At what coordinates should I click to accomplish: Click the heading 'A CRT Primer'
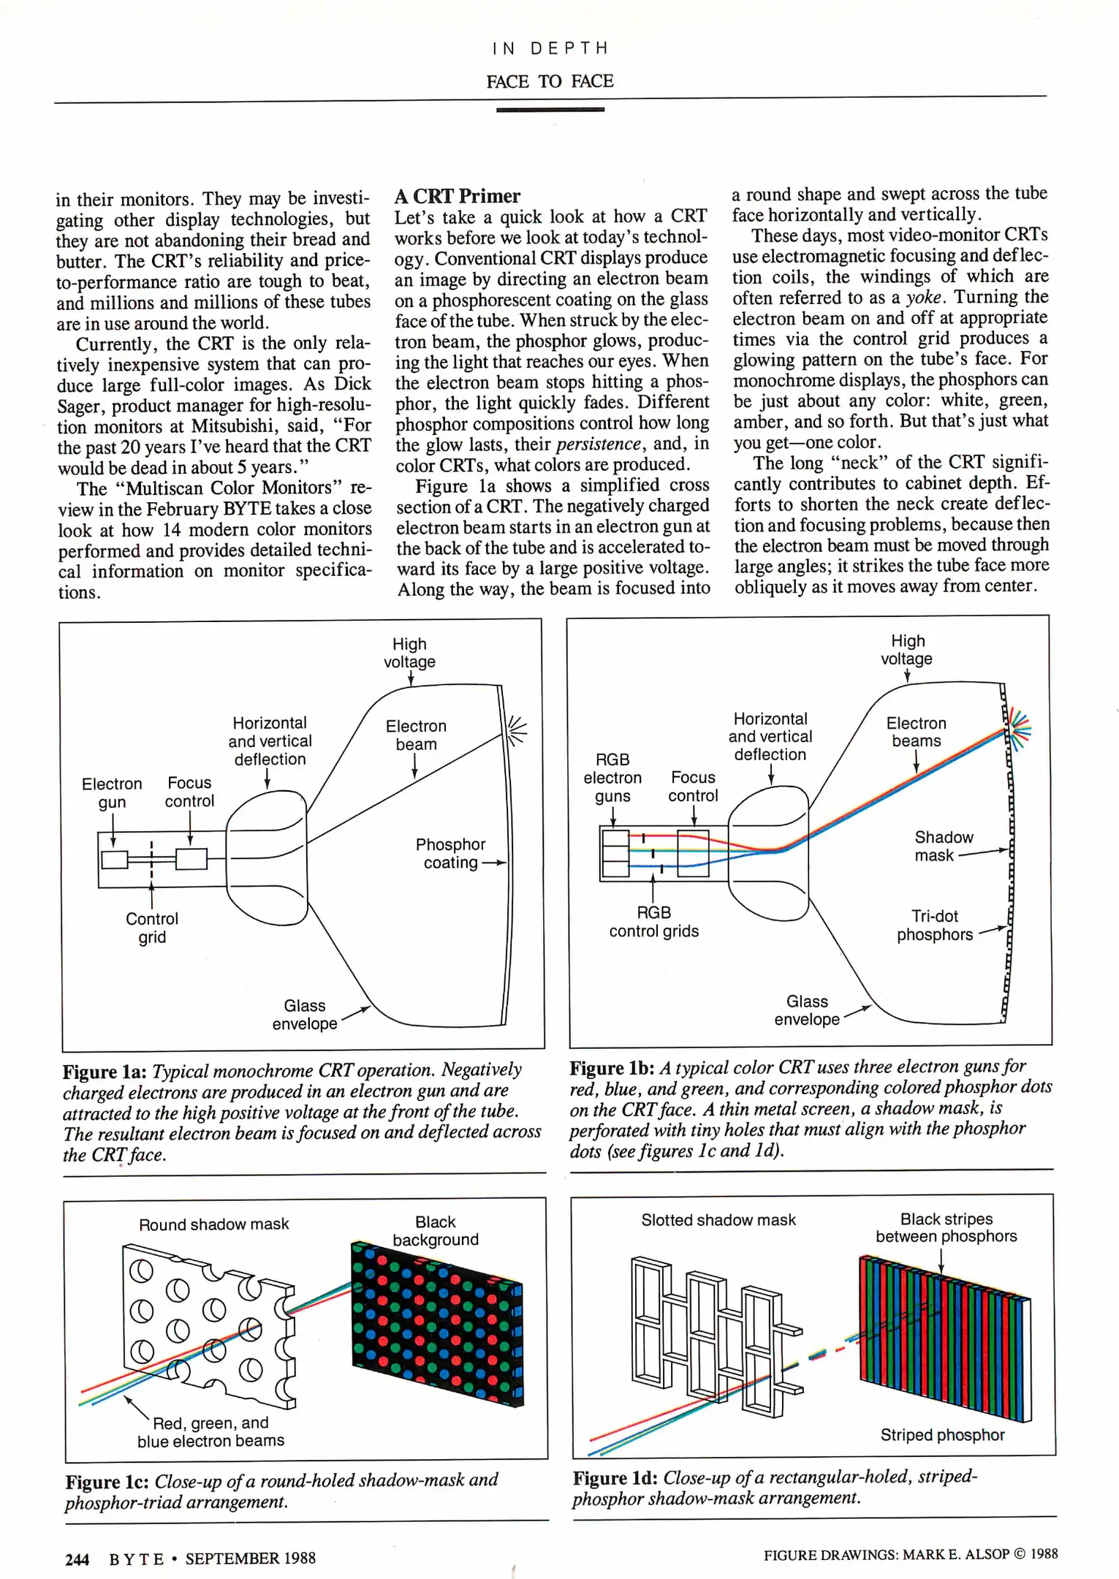pyautogui.click(x=458, y=196)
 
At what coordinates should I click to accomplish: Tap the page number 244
pyautogui.click(x=77, y=1559)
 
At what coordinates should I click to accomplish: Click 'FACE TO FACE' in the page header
pyautogui.click(x=550, y=81)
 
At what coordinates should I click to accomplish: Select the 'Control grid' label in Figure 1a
pyautogui.click(x=152, y=928)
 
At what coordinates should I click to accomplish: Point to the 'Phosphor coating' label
pyautogui.click(x=450, y=853)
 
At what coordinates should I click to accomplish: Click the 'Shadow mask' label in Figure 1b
pyautogui.click(x=943, y=846)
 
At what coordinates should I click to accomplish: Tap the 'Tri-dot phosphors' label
pyautogui.click(x=934, y=925)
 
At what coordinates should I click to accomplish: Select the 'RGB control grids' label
pyautogui.click(x=653, y=922)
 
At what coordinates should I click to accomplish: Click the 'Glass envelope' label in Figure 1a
pyautogui.click(x=305, y=1015)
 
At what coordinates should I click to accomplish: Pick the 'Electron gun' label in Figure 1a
pyautogui.click(x=112, y=792)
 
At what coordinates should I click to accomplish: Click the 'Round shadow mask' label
pyautogui.click(x=213, y=1224)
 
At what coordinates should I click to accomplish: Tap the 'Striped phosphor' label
pyautogui.click(x=941, y=1435)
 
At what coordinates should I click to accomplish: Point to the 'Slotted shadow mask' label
pyautogui.click(x=718, y=1219)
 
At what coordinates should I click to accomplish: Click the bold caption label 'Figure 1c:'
pyautogui.click(x=107, y=1482)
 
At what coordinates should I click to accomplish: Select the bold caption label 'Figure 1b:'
pyautogui.click(x=612, y=1068)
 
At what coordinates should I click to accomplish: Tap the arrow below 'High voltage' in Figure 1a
pyautogui.click(x=411, y=678)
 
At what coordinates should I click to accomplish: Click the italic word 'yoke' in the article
pyautogui.click(x=925, y=298)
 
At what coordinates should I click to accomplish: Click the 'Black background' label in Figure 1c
pyautogui.click(x=436, y=1230)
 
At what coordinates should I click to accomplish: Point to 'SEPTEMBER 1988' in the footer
pyautogui.click(x=250, y=1559)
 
